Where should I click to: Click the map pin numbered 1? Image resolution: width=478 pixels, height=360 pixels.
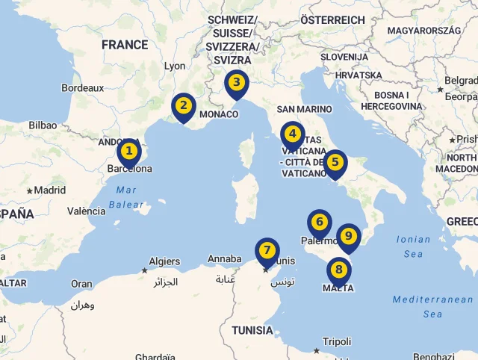[129, 152]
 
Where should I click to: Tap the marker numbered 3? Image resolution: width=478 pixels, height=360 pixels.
[236, 83]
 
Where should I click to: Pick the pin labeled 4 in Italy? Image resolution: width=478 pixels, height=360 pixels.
[292, 135]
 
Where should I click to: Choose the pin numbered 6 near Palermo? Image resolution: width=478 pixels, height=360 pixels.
[319, 223]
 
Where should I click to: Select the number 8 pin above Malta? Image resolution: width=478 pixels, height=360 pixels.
[338, 270]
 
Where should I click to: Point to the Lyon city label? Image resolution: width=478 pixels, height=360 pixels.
[175, 66]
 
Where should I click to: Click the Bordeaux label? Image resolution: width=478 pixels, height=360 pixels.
[82, 87]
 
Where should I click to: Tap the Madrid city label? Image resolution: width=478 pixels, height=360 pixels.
[50, 190]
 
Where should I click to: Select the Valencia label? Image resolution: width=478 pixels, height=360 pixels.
[86, 211]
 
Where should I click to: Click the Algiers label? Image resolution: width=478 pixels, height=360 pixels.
[164, 261]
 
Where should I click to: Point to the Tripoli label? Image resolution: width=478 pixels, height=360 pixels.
[337, 341]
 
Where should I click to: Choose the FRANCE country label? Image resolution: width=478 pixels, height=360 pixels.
[125, 45]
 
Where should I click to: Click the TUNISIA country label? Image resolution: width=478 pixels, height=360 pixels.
[252, 330]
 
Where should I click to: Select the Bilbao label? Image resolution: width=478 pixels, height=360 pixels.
[43, 125]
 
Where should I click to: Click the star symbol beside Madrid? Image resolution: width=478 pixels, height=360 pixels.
[30, 191]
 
